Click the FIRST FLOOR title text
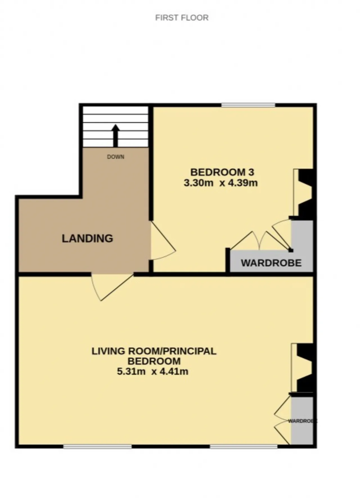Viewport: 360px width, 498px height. point(182,18)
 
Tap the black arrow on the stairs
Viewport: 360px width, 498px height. point(115,136)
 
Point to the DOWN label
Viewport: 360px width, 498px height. point(116,157)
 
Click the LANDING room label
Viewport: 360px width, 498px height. point(87,238)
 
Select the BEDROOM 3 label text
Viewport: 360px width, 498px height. point(222,172)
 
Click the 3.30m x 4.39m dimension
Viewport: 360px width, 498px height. point(221,183)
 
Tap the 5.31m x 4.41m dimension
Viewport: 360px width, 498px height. point(152,372)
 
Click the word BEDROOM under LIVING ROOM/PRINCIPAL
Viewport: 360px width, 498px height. point(154,361)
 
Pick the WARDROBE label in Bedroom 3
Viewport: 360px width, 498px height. point(271,263)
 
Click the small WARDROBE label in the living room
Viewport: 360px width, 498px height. point(303,421)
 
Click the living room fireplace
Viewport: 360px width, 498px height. point(302,368)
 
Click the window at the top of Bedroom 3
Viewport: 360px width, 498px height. point(248,105)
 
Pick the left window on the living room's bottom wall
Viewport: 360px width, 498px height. point(97,446)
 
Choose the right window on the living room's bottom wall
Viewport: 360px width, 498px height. point(244,446)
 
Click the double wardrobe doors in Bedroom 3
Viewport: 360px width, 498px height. point(260,240)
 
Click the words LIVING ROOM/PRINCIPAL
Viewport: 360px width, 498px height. point(154,351)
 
